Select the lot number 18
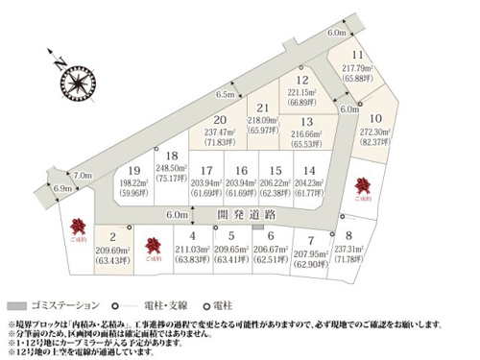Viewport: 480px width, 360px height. (x=172, y=156)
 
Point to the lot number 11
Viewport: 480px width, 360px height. (x=358, y=56)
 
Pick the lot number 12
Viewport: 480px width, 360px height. (x=302, y=82)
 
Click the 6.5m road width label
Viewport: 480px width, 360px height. (x=227, y=95)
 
